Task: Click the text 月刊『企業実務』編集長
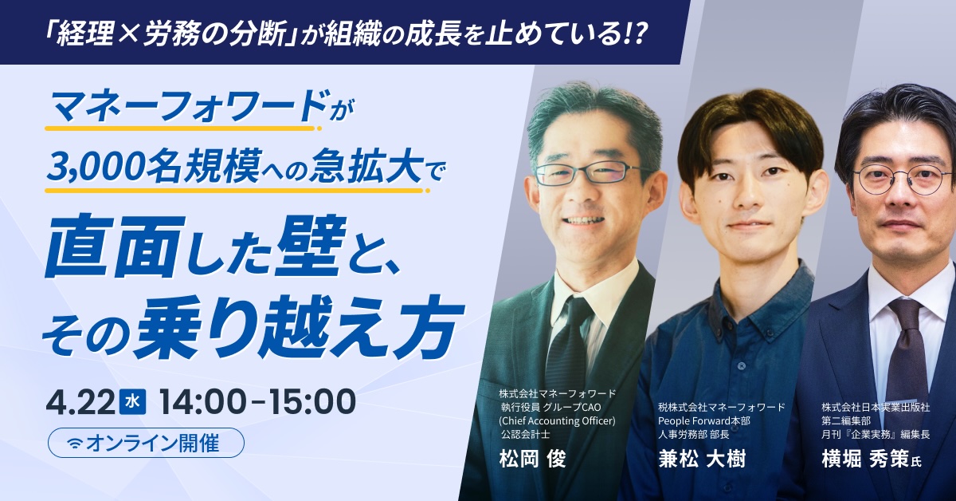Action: pos(876,435)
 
